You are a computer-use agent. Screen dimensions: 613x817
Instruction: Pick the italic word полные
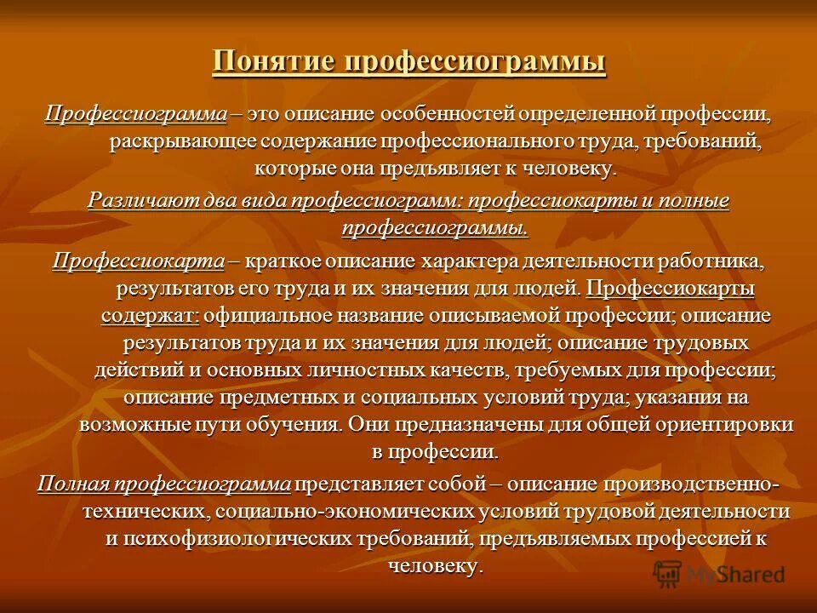[695, 202]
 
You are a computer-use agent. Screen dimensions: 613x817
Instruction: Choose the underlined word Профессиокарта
[138, 261]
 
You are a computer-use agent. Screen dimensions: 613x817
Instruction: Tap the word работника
[713, 261]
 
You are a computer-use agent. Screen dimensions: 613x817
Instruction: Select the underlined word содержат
[150, 315]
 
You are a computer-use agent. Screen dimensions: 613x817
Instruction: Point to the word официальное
[279, 315]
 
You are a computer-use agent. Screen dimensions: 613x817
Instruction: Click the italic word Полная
[74, 484]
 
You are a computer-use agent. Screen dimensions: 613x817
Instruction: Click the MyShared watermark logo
[719, 574]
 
